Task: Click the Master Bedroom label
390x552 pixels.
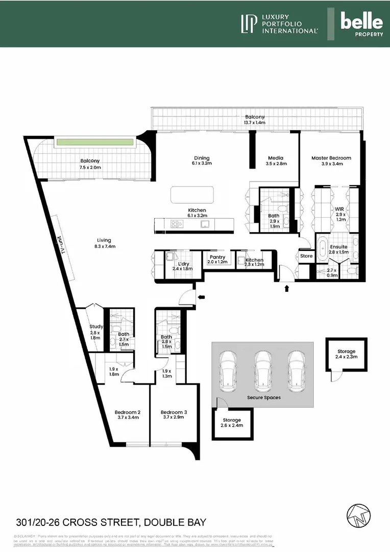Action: pyautogui.click(x=331, y=158)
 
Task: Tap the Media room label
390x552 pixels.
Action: pyautogui.click(x=275, y=158)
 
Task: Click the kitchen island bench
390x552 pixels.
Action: pyautogui.click(x=192, y=195)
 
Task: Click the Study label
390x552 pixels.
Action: pyautogui.click(x=96, y=327)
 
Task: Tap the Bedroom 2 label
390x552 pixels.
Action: pyautogui.click(x=128, y=412)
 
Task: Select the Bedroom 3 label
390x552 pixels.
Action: pyautogui.click(x=174, y=412)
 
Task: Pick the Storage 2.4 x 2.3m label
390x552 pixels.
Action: pyautogui.click(x=346, y=351)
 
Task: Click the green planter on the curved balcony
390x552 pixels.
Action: pyautogui.click(x=95, y=142)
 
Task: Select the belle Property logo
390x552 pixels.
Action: pyautogui.click(x=361, y=24)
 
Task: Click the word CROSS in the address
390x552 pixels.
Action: pyautogui.click(x=87, y=522)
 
